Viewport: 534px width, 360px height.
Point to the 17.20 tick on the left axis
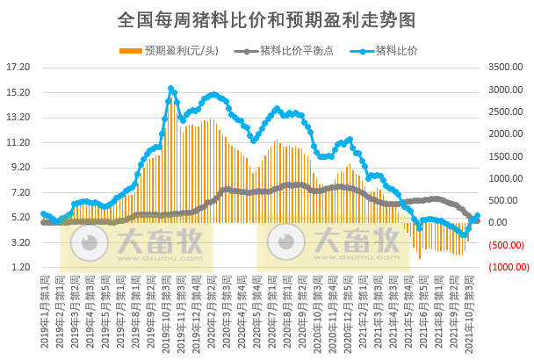(18, 67)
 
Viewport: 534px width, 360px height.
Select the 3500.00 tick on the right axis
(506, 67)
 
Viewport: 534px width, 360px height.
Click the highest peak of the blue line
(171, 89)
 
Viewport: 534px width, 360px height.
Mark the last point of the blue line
(478, 216)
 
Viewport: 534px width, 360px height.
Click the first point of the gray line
(43, 222)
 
